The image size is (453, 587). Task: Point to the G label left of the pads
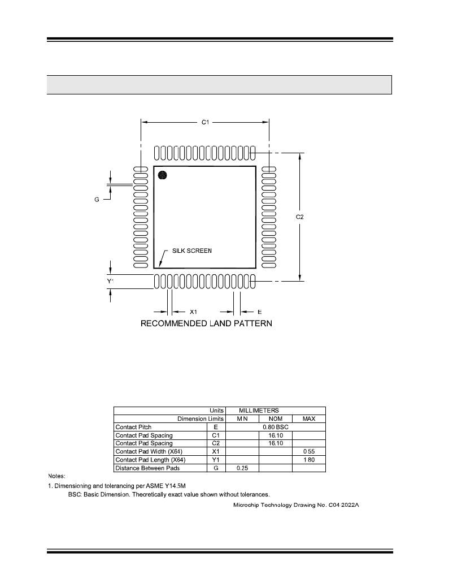tap(97, 200)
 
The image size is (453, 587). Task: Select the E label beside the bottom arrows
tap(259, 312)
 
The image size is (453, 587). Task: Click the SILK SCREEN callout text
tap(192, 251)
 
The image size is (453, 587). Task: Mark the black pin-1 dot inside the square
tap(163, 175)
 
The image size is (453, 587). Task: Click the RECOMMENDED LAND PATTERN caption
tap(206, 323)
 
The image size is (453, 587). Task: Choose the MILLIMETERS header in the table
tap(259, 411)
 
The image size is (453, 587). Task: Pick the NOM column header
tap(275, 419)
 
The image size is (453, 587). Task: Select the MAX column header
tap(309, 419)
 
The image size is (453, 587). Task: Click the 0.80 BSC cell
tap(276, 427)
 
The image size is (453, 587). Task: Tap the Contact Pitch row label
tap(133, 427)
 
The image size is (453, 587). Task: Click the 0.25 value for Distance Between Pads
tap(242, 468)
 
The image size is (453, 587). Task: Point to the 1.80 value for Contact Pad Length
tap(309, 460)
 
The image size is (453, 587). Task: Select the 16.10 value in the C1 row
tap(276, 435)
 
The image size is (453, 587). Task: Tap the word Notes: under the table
tap(56, 476)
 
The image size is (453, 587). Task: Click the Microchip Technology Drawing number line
tap(297, 504)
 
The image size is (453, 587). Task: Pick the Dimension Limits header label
tap(201, 419)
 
